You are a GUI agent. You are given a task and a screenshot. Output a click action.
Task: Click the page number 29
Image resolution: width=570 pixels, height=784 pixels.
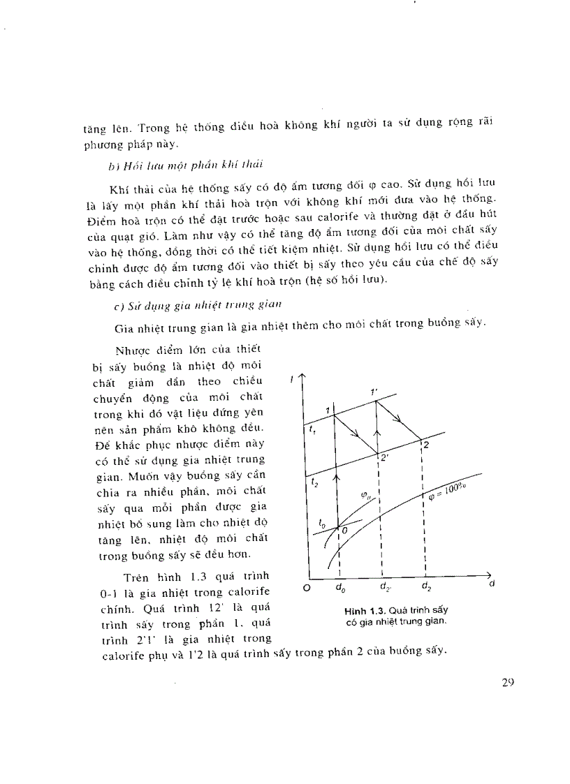(x=508, y=683)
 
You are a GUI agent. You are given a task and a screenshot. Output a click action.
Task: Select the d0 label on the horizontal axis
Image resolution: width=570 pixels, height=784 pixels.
(x=339, y=588)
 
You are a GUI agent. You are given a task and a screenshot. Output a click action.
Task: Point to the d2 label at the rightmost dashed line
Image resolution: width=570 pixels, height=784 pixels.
(x=425, y=588)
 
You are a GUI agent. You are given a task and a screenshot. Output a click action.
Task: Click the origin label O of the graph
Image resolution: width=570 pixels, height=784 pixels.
(x=305, y=588)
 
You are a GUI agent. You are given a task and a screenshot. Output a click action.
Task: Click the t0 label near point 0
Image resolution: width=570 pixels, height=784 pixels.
(x=321, y=522)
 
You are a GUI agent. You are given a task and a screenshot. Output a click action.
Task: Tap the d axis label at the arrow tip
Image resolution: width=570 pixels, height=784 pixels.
(x=492, y=583)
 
